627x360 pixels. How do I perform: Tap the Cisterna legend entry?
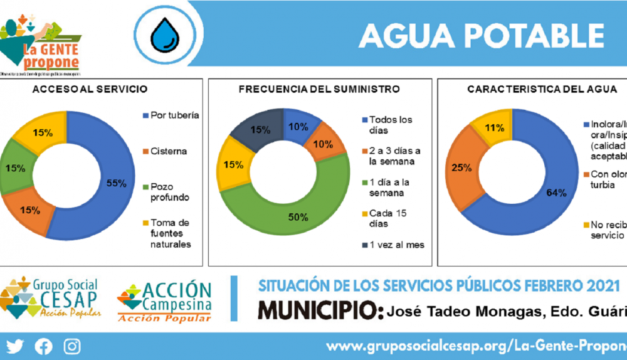click(x=169, y=151)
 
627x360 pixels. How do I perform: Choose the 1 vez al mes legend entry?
click(x=396, y=245)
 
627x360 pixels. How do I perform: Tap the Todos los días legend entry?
click(x=391, y=125)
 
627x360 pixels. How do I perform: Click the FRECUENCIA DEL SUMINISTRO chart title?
click(x=319, y=89)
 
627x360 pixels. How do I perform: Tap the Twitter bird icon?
click(x=14, y=346)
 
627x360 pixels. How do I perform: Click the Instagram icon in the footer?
click(x=73, y=346)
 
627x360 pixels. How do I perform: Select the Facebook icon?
click(x=43, y=346)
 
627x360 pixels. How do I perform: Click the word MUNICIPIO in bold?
click(x=319, y=310)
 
